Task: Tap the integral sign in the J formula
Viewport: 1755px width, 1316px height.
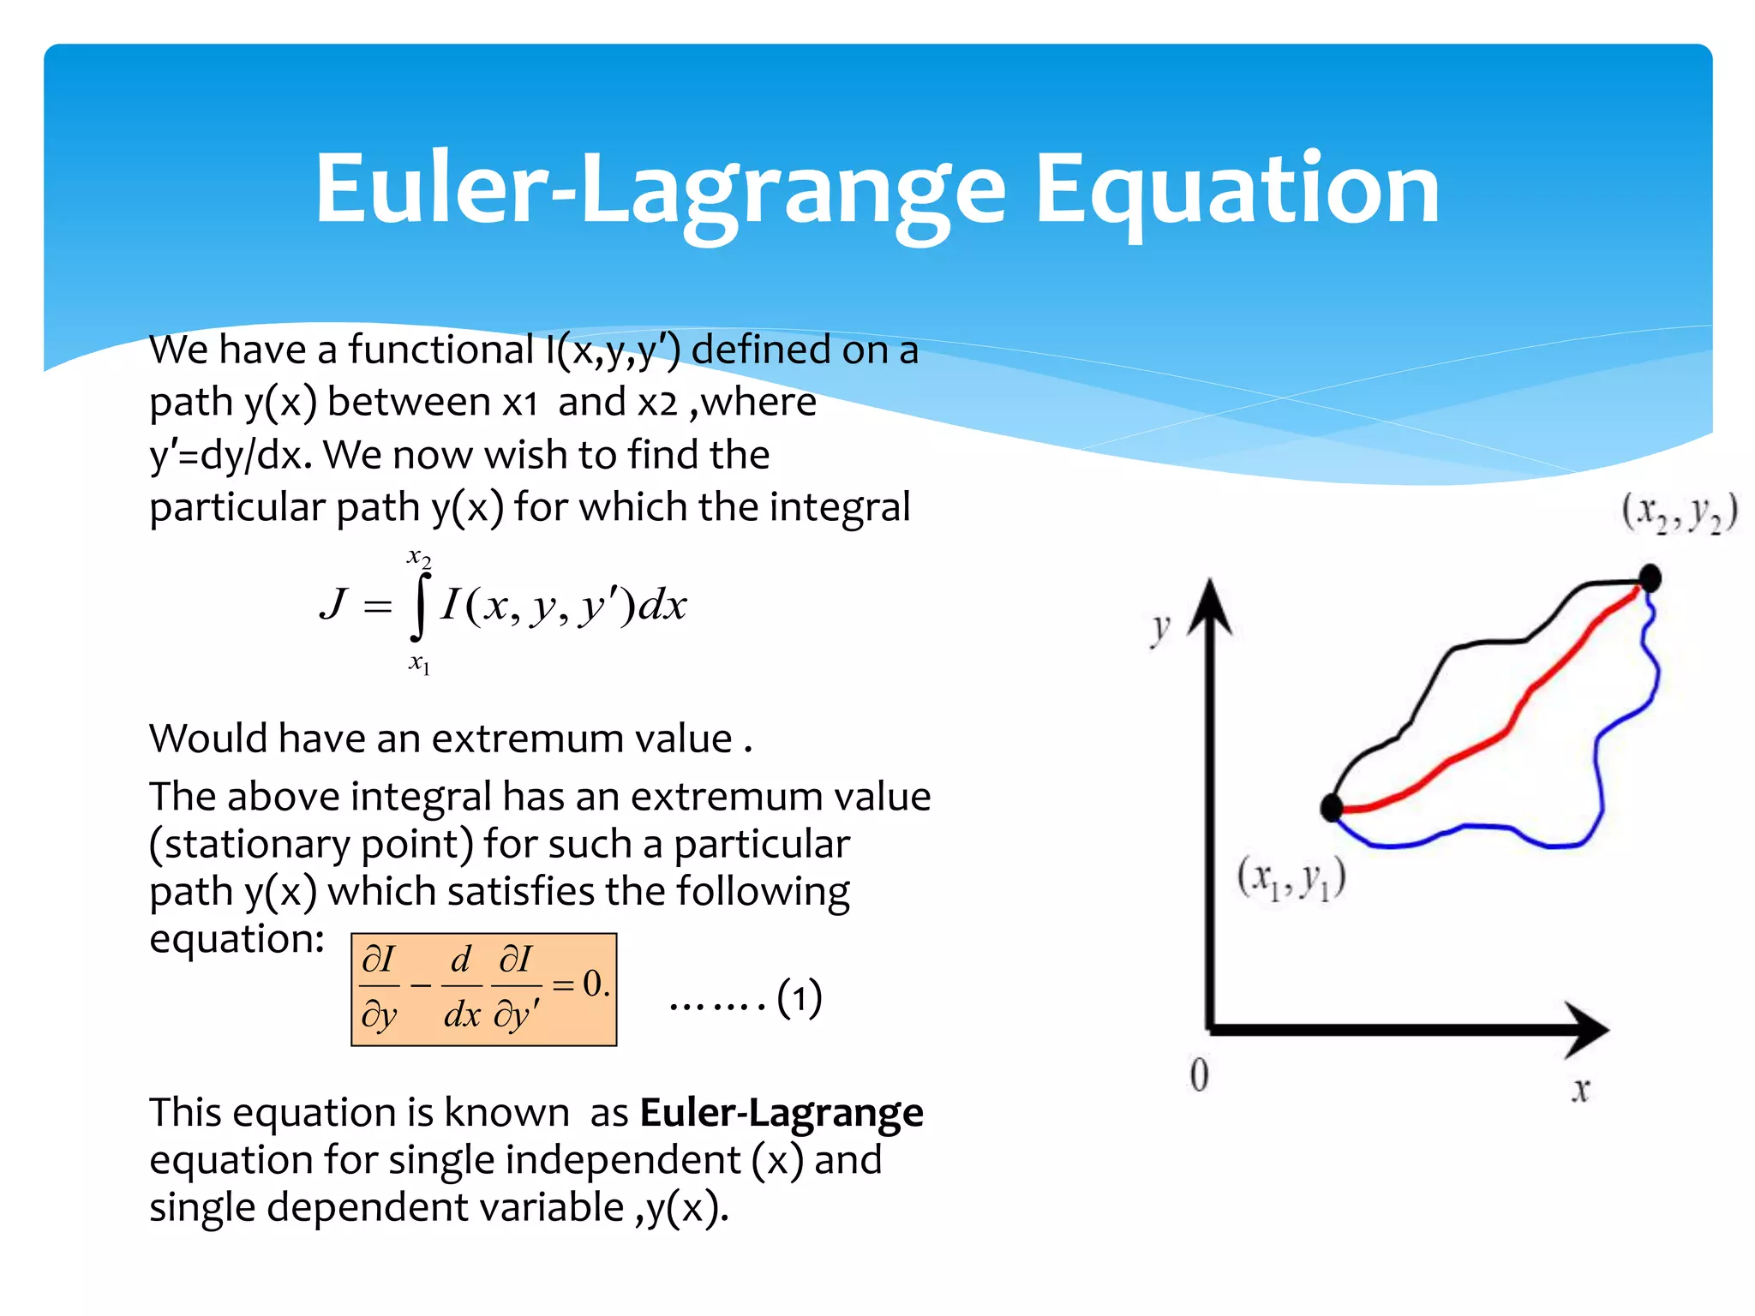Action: [419, 607]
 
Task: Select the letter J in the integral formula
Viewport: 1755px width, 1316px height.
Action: [334, 605]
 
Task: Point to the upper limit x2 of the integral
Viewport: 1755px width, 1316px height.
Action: [419, 559]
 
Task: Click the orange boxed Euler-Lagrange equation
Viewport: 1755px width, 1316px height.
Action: [484, 990]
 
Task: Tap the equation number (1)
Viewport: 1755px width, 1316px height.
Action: [799, 998]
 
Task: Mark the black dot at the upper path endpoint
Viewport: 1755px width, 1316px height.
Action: [1650, 578]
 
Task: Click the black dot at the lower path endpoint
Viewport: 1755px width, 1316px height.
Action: [1332, 807]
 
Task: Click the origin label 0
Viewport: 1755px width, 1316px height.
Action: [1200, 1074]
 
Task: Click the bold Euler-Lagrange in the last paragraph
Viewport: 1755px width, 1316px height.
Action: [782, 1113]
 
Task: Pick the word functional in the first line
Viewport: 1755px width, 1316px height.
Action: [440, 350]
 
